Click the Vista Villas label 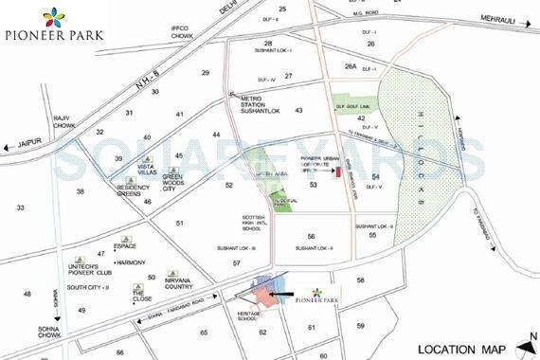tap(147, 167)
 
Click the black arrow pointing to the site tap(289, 295)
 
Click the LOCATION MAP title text tap(460, 347)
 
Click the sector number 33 tap(20, 207)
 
